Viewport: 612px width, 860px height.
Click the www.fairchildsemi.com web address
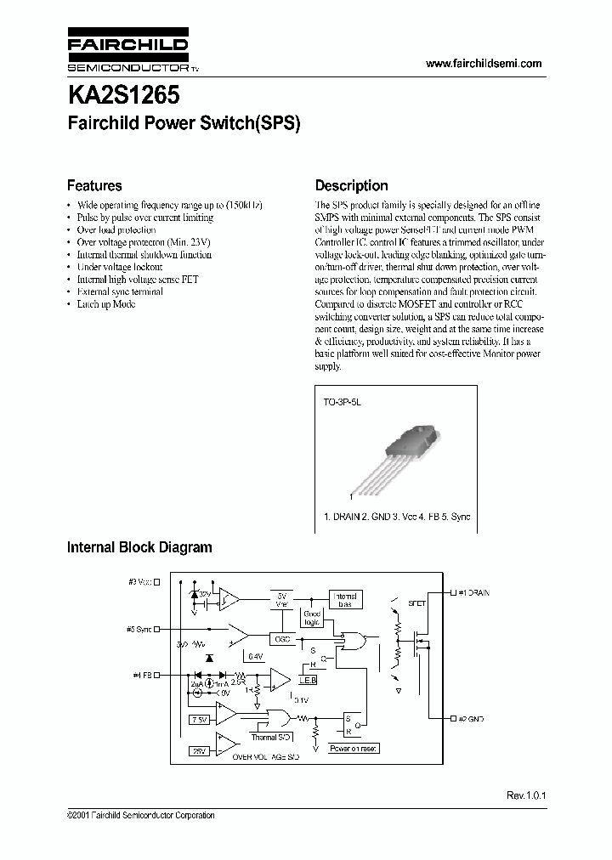[482, 64]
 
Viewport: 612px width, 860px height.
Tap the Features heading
[94, 185]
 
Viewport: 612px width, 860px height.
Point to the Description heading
[351, 185]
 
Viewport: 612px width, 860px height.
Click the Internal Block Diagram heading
[139, 547]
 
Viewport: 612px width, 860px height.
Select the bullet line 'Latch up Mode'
[106, 304]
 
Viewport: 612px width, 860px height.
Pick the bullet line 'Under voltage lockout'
[119, 267]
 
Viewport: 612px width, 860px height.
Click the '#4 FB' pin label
[140, 675]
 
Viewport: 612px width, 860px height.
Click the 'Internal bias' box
[343, 600]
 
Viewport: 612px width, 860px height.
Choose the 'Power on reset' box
[354, 749]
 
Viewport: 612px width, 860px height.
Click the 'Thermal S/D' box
[271, 738]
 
